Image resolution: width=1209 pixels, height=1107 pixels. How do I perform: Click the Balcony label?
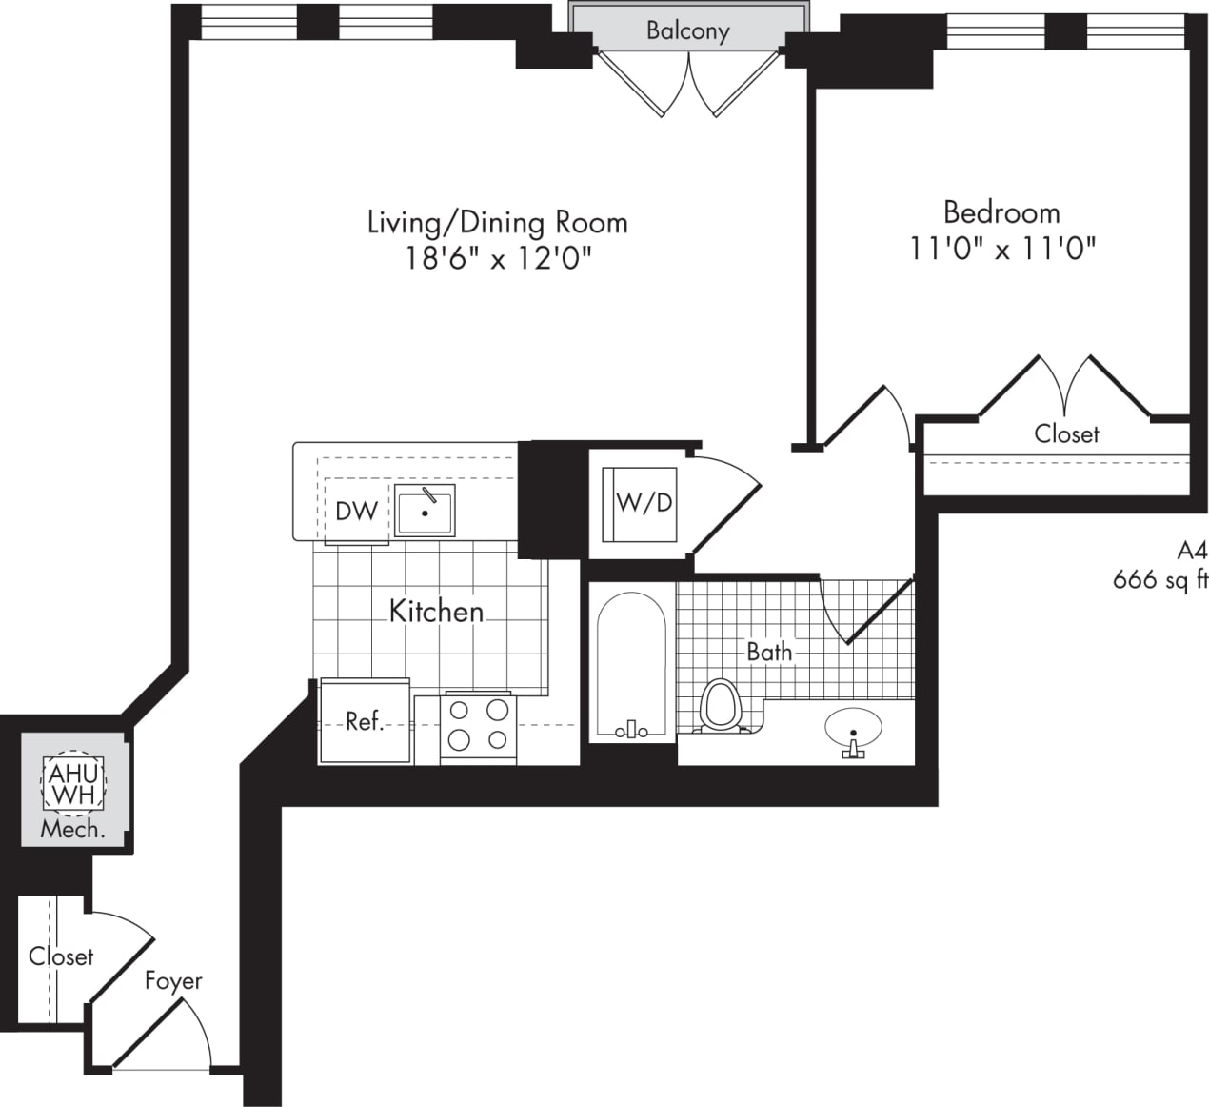tap(687, 30)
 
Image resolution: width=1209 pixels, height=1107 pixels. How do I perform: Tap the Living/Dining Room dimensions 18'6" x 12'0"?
tap(499, 258)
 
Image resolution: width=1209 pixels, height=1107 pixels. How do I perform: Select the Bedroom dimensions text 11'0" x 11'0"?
tap(1002, 249)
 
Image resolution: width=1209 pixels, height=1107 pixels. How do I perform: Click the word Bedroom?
tap(1001, 211)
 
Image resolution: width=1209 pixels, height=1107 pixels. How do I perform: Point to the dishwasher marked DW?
tap(357, 512)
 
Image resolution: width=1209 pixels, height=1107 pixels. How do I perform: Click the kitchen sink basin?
tap(425, 511)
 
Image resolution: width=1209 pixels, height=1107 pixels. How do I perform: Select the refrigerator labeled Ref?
tap(365, 721)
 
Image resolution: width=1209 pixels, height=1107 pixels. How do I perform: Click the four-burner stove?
tap(478, 725)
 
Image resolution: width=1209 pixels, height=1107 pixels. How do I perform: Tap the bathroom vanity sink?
tap(853, 732)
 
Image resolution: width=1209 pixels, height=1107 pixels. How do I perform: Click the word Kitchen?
tap(436, 611)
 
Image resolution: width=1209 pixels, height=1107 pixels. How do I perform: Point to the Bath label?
tap(769, 652)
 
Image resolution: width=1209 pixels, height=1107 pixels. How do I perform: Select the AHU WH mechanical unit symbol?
tap(72, 783)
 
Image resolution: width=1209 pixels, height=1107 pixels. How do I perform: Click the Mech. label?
tap(72, 830)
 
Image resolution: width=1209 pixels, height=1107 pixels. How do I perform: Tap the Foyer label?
tap(173, 980)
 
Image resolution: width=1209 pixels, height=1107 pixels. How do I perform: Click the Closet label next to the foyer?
tap(61, 956)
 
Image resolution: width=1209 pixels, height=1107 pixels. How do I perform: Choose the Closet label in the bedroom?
tap(1066, 434)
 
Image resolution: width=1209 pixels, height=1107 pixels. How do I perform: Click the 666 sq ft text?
tap(1159, 579)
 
